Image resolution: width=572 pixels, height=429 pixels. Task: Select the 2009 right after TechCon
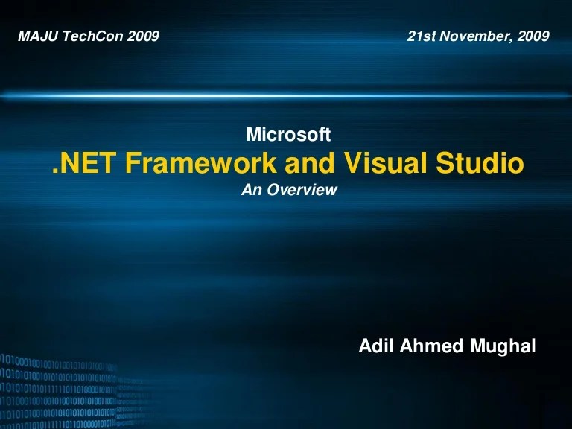(x=143, y=36)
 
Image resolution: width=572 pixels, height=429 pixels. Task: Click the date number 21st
(x=421, y=36)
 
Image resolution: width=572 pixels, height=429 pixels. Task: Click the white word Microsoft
(x=287, y=135)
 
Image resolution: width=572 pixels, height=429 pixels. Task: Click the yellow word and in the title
(x=309, y=162)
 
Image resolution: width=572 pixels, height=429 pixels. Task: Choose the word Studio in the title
(x=480, y=162)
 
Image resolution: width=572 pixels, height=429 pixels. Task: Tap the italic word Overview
(x=302, y=190)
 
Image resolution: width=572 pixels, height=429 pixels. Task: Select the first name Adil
(x=375, y=346)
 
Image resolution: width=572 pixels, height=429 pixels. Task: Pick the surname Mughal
(x=503, y=346)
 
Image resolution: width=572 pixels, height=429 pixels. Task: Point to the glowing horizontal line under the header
(x=286, y=96)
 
